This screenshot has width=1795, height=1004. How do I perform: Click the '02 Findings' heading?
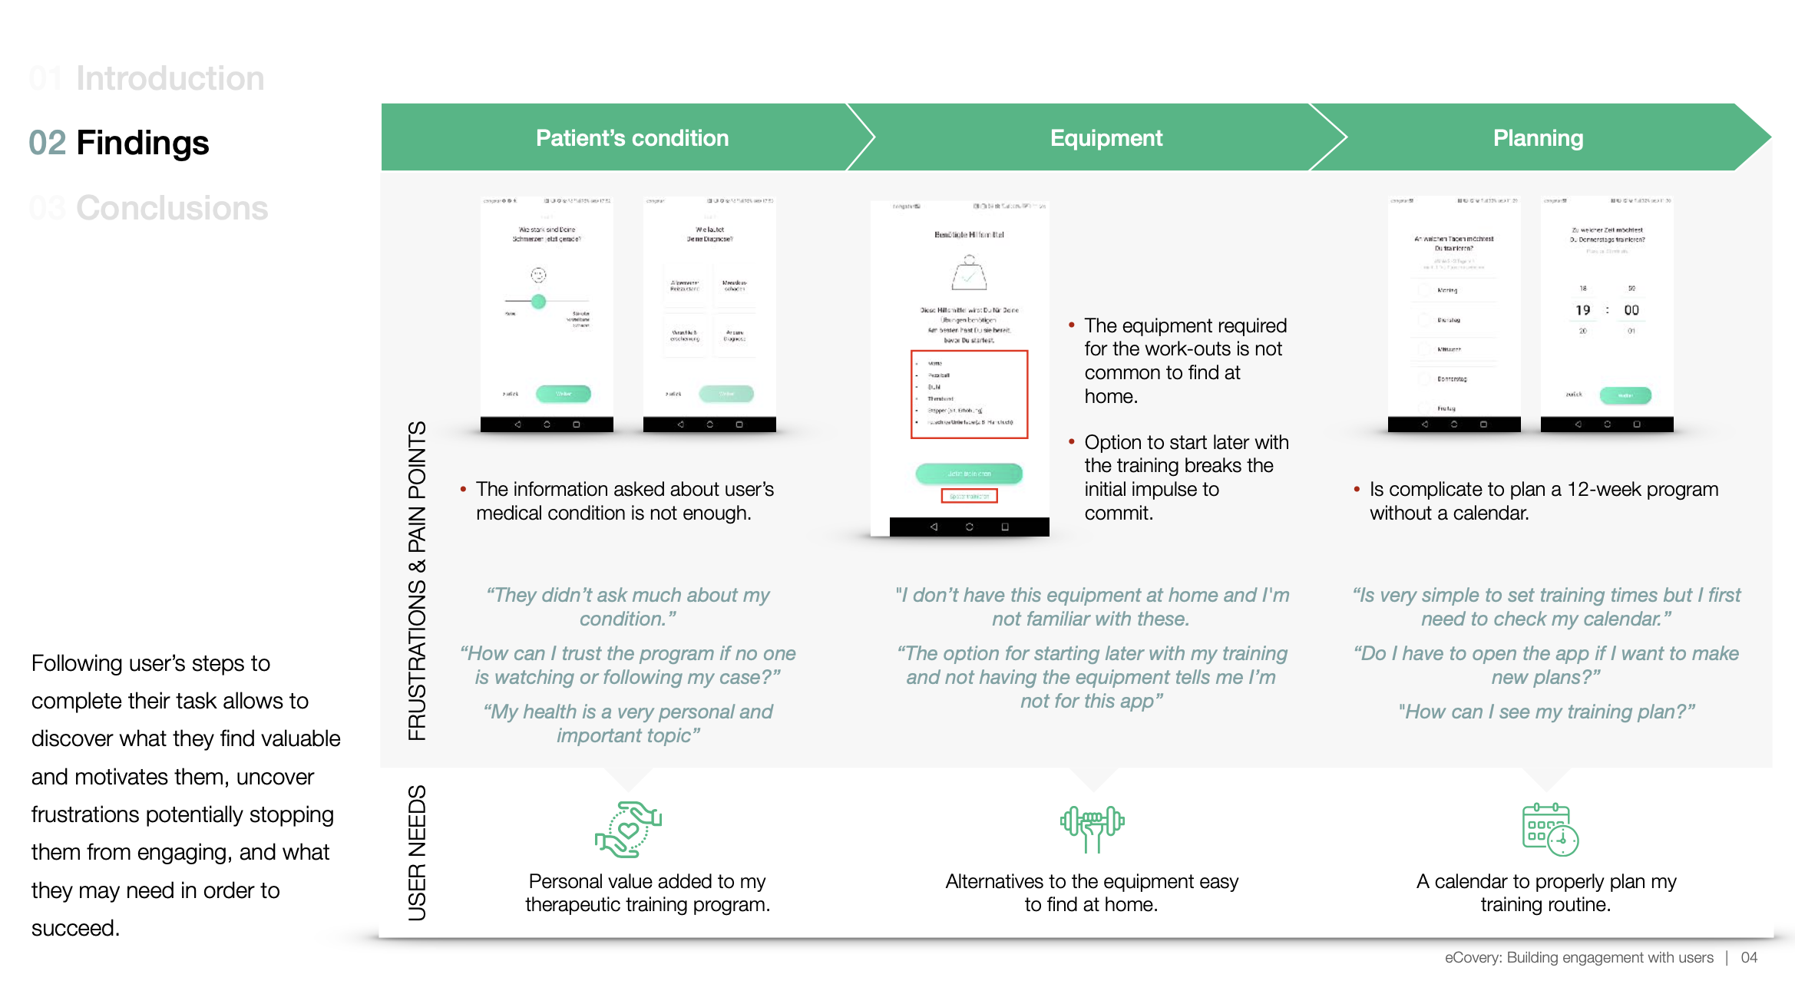click(119, 143)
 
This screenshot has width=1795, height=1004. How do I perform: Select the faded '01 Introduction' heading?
click(147, 78)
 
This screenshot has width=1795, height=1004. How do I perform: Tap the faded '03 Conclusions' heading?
click(149, 208)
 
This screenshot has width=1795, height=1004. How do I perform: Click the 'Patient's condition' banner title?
click(632, 138)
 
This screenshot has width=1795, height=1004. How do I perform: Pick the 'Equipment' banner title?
click(1106, 138)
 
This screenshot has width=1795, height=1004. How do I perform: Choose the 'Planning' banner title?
click(1538, 138)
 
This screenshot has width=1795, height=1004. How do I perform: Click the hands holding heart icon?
click(628, 830)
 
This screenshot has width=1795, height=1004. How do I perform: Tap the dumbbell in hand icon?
click(1092, 828)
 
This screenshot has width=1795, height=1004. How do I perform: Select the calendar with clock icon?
click(1549, 830)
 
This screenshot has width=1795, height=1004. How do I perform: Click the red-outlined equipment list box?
click(969, 395)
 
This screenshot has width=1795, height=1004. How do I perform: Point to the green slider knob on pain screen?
click(539, 301)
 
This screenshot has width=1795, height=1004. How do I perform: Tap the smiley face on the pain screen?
click(539, 275)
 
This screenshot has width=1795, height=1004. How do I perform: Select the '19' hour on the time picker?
click(1583, 310)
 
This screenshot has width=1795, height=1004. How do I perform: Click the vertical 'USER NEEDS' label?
click(417, 852)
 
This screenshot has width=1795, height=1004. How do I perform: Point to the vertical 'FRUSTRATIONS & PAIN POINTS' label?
click(417, 580)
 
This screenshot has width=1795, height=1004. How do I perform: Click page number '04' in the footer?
click(1749, 957)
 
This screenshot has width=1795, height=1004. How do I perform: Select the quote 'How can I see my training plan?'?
click(1546, 712)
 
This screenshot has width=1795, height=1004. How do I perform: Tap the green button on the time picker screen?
click(1625, 395)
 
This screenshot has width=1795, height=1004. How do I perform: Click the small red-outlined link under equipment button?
click(969, 497)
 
